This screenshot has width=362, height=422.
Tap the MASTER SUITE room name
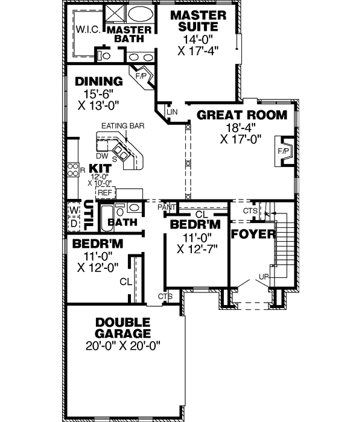198,20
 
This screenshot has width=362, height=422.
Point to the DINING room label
98,81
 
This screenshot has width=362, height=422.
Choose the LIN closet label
172,113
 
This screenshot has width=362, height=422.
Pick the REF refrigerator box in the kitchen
105,192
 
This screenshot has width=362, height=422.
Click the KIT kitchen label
98,168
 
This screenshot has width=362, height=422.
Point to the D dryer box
74,223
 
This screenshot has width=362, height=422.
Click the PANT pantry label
166,207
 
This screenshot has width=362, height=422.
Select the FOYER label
253,234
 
